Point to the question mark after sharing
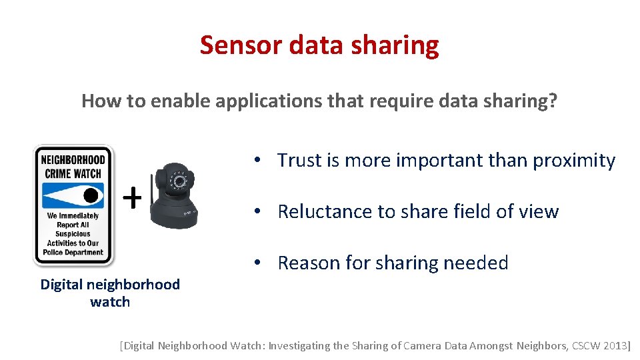coord(553,101)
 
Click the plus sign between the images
coord(133,197)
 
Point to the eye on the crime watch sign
coord(91,195)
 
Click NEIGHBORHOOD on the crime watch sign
coord(73,160)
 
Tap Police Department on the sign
coord(73,252)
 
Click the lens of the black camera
coord(178,181)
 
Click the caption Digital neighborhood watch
coord(110,293)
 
